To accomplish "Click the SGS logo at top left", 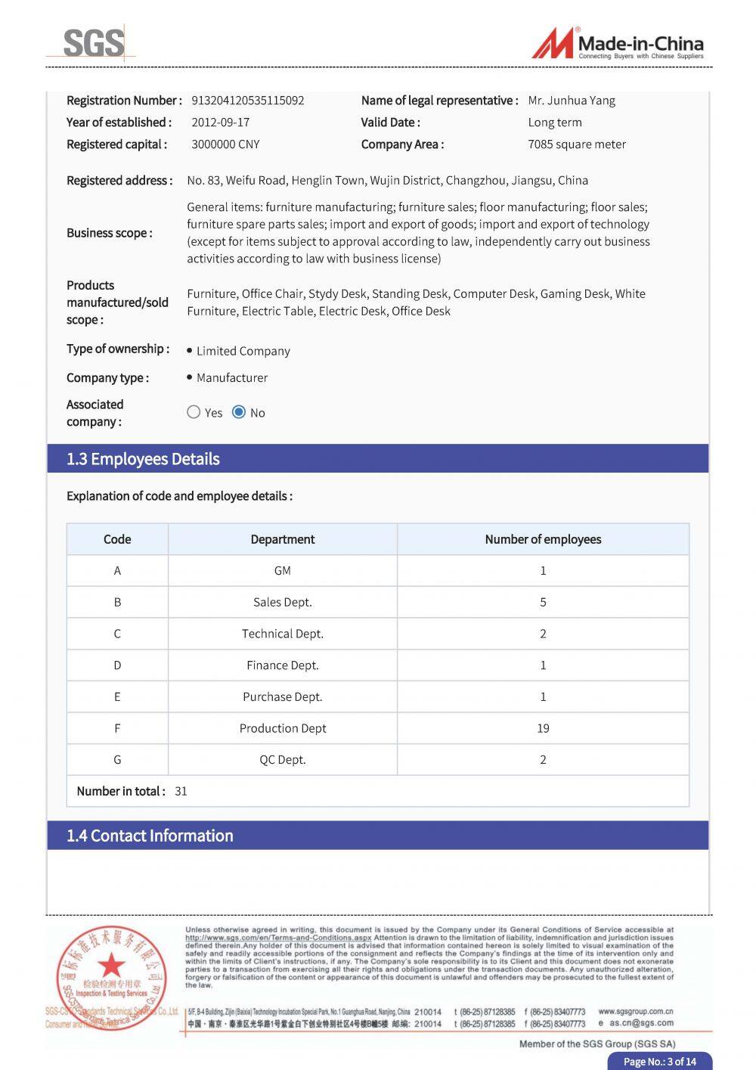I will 93,43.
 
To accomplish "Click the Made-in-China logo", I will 618,44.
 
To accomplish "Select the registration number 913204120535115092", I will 248,101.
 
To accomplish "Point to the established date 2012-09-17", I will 220,123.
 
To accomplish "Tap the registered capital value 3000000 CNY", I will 225,144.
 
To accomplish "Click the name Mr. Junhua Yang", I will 572,101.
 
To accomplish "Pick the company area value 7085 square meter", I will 577,144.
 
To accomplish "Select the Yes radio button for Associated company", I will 194,412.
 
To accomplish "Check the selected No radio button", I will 239,412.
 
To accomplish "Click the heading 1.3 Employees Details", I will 143,459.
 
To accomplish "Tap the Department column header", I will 283,539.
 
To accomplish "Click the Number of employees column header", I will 543,539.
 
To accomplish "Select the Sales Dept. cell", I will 283,603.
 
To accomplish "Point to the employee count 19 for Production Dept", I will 543,728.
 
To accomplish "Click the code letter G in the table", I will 117,760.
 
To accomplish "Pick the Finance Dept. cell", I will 283,665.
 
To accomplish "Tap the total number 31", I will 181,792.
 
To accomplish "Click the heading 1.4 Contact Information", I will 150,836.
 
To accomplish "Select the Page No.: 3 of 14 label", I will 659,1062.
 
